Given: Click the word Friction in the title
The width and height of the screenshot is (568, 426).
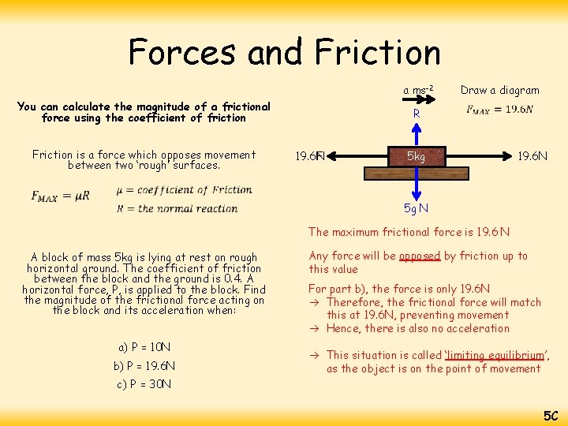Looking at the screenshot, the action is coord(377,52).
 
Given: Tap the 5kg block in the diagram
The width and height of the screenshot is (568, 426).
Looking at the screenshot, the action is coord(417,156).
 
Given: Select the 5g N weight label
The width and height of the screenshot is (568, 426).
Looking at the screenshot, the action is coord(416,208).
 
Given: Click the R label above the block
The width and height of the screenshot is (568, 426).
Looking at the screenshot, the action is coord(417,114).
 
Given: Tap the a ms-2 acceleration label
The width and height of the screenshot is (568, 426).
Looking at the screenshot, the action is coord(419,90).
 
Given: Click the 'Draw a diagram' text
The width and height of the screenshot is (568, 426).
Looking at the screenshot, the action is coord(499,90).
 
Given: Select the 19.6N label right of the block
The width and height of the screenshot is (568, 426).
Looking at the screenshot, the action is coord(532,156).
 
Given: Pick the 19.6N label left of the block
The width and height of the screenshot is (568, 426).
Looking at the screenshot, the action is coord(310,156).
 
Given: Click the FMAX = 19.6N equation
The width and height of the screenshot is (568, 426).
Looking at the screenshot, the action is coord(499,110).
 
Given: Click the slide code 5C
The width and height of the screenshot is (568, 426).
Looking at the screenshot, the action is coord(550,415).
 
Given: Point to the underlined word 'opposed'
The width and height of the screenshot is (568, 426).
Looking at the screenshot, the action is coord(419,256).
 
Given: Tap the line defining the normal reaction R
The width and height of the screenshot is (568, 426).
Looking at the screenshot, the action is coord(177,208).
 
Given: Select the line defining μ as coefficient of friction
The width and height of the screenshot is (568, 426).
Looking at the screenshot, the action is coord(183,189).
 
